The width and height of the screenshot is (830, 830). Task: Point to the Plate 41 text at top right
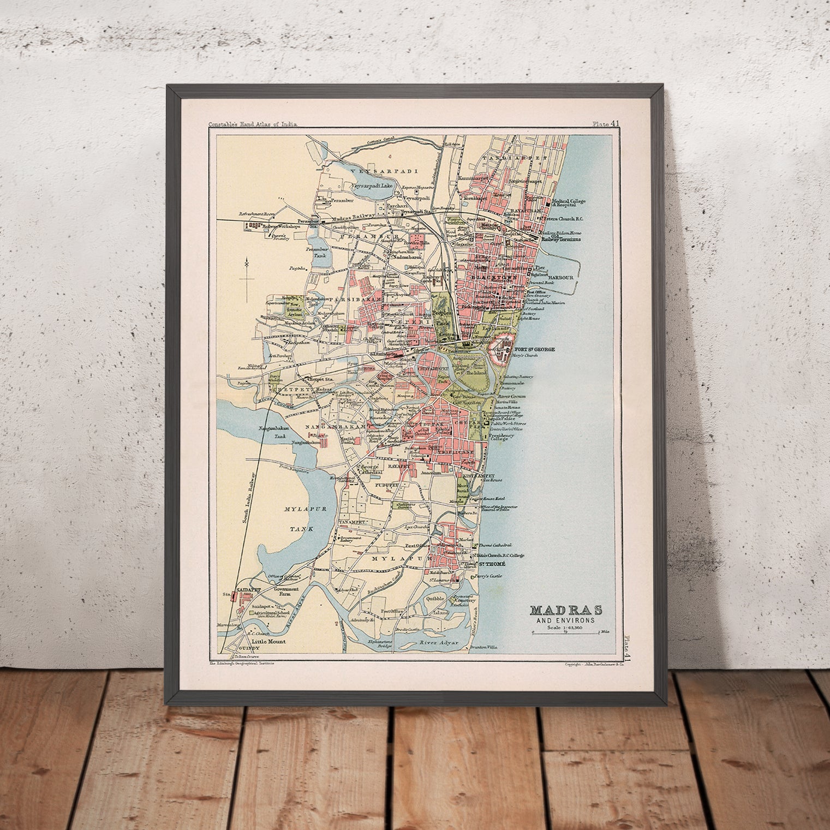pos(606,124)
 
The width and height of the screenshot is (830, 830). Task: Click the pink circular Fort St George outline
pos(501,347)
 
